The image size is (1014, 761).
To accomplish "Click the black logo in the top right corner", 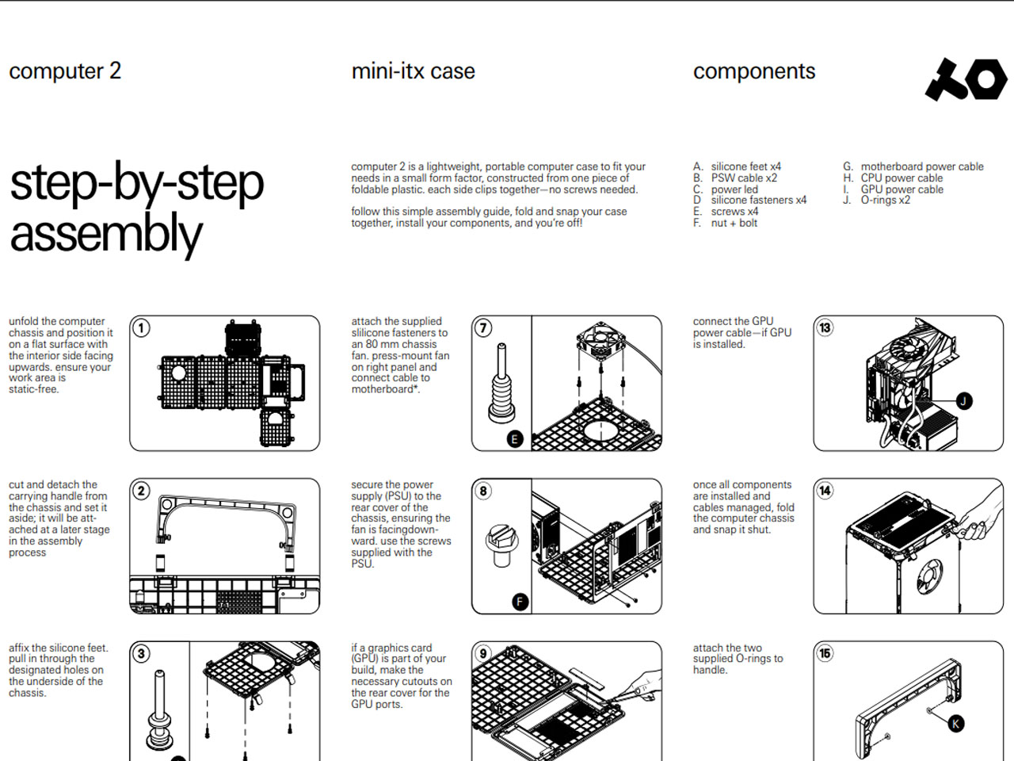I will pos(966,79).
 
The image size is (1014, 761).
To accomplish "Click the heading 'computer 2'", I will pos(65,71).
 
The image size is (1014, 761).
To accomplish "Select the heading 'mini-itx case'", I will pos(413,71).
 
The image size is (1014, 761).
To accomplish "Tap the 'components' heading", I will pos(753,71).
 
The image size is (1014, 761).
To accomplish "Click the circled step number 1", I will pos(141,328).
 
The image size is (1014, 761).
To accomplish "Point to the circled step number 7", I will pos(483,328).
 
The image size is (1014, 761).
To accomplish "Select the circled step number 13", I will pos(825,328).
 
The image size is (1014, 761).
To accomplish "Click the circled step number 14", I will pos(825,491).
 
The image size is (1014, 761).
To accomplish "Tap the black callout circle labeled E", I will pos(514,438).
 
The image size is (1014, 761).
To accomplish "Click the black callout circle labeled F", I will pos(520,602).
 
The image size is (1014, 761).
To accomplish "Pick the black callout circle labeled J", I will pos(963,400).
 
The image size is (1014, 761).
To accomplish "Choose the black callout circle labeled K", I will pos(955,723).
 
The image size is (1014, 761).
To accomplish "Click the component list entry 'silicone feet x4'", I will pos(745,166).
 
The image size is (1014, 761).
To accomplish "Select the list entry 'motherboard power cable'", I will pos(921,166).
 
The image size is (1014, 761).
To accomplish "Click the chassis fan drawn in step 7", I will pos(602,343).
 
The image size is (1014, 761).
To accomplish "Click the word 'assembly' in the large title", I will pos(106,235).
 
